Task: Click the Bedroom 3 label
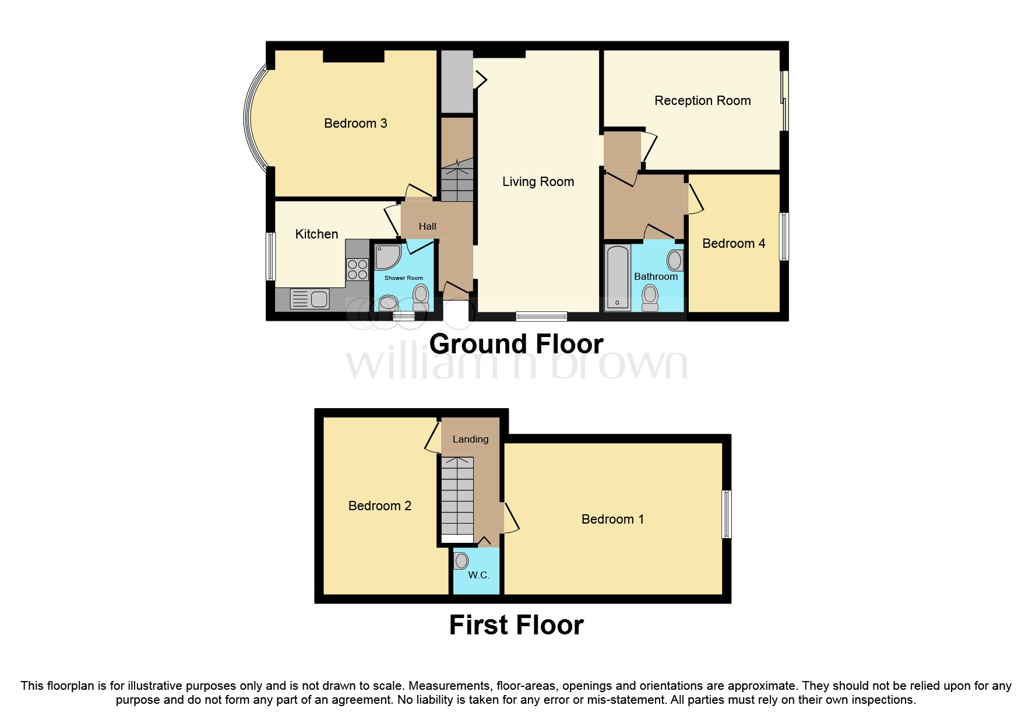click(355, 123)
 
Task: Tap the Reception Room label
click(702, 100)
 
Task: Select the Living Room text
click(538, 181)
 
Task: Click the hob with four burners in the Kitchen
click(357, 269)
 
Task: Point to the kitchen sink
click(310, 299)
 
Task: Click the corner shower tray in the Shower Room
click(387, 257)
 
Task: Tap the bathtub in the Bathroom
click(617, 277)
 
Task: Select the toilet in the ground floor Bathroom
click(650, 298)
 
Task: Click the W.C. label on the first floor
click(478, 575)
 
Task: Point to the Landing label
click(470, 439)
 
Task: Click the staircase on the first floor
click(457, 499)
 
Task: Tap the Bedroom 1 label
click(612, 519)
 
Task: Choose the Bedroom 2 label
click(379, 506)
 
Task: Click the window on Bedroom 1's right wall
click(726, 514)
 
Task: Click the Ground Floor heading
click(516, 343)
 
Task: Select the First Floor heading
click(516, 625)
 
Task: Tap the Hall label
click(427, 226)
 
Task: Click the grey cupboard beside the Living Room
click(456, 82)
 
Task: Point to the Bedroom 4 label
click(733, 243)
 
